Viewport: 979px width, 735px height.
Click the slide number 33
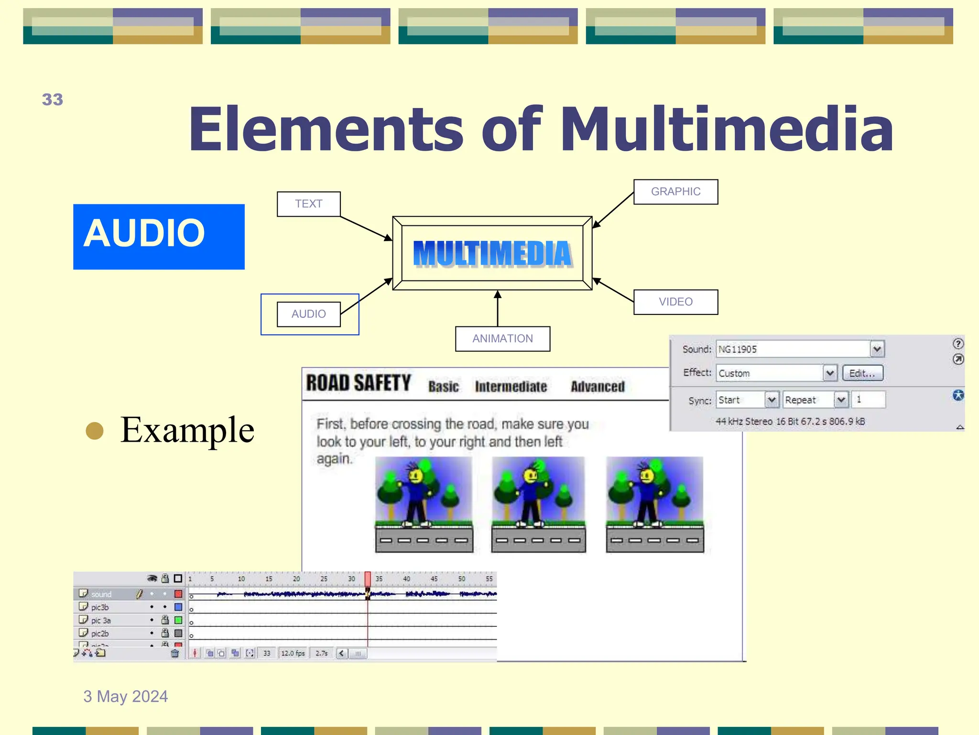52,100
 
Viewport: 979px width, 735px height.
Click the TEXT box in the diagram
308,204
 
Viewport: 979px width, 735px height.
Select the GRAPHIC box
675,192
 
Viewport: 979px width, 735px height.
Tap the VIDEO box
675,302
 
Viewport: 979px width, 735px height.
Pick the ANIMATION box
502,339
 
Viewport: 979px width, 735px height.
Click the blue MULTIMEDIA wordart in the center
492,254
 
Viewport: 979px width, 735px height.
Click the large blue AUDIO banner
159,236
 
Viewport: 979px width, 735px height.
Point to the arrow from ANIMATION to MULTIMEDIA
498,308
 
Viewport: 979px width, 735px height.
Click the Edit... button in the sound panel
862,373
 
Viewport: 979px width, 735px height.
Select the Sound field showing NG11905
794,349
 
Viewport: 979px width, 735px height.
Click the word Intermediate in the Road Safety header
511,387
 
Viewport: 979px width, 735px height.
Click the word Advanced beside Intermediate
598,387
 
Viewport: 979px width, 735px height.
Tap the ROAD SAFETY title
359,383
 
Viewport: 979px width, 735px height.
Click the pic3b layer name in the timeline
100,607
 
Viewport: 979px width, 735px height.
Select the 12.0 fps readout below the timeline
293,653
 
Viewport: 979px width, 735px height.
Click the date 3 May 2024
125,696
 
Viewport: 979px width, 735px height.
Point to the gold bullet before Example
95,430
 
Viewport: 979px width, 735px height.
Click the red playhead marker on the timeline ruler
368,579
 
